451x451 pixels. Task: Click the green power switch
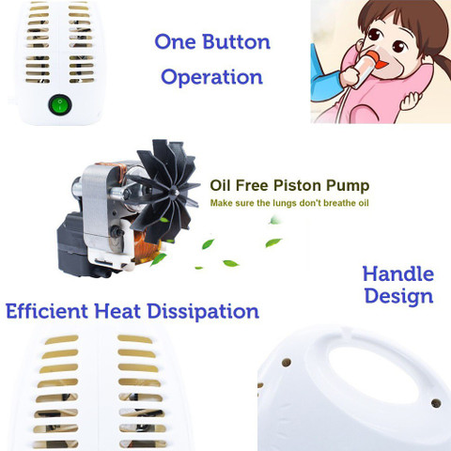(x=60, y=104)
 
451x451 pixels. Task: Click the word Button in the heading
(x=236, y=41)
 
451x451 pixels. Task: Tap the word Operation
(x=211, y=77)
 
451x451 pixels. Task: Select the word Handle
(x=398, y=274)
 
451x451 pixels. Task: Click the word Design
(x=398, y=296)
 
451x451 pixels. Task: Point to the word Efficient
(x=47, y=311)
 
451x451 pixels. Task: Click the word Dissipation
(x=203, y=312)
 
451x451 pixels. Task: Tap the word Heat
(x=117, y=311)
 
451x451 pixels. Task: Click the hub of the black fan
(x=172, y=191)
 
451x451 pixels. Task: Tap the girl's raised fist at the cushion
(x=411, y=100)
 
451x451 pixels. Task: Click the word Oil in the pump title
(x=220, y=185)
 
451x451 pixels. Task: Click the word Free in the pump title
(x=252, y=185)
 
